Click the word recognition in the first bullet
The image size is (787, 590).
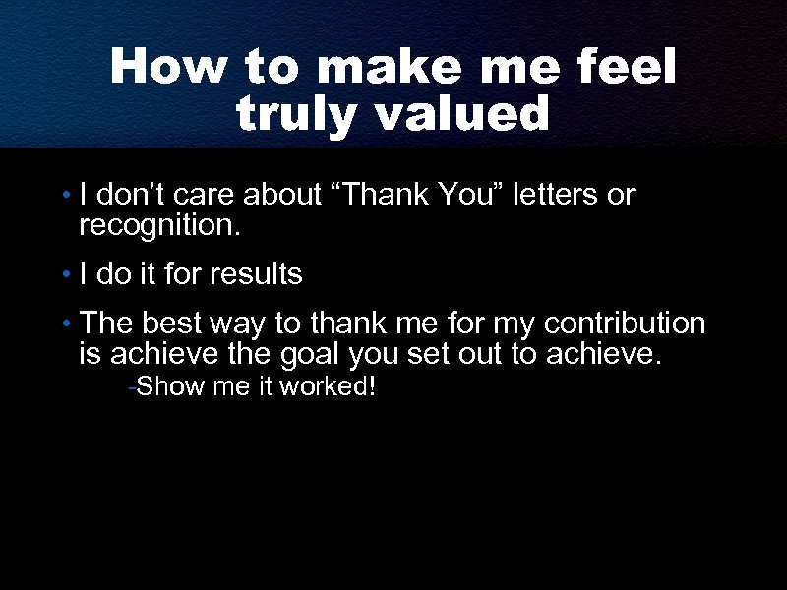pos(157,228)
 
